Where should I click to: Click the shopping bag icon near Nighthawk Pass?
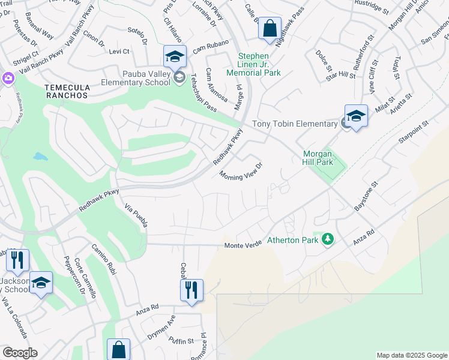pyautogui.click(x=270, y=28)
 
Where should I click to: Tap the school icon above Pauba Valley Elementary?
pyautogui.click(x=175, y=57)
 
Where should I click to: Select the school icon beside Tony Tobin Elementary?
pyautogui.click(x=355, y=116)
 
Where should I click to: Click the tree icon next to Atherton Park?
pyautogui.click(x=327, y=239)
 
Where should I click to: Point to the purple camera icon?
pyautogui.click(x=7, y=78)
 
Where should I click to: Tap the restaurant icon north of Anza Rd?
pyautogui.click(x=191, y=290)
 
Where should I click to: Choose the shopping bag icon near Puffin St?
pyautogui.click(x=118, y=350)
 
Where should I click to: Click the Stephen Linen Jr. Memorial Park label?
pyautogui.click(x=254, y=65)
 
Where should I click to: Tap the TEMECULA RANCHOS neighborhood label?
pyautogui.click(x=67, y=91)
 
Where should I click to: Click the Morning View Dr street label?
pyautogui.click(x=241, y=171)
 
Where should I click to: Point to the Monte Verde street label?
pyautogui.click(x=243, y=245)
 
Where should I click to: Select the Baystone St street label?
pyautogui.click(x=364, y=196)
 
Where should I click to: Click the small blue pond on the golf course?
pyautogui.click(x=40, y=157)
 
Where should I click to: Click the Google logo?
pyautogui.click(x=20, y=353)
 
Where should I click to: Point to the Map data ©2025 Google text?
pyautogui.click(x=411, y=355)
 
